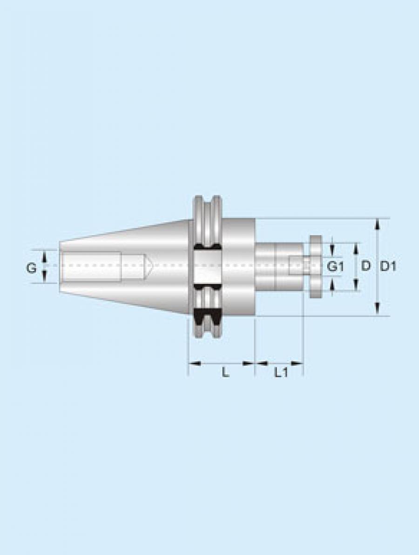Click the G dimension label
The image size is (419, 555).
tap(32, 268)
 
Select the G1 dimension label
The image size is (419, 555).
tap(334, 266)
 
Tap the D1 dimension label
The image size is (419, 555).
tap(388, 266)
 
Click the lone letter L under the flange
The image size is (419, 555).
tap(225, 372)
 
